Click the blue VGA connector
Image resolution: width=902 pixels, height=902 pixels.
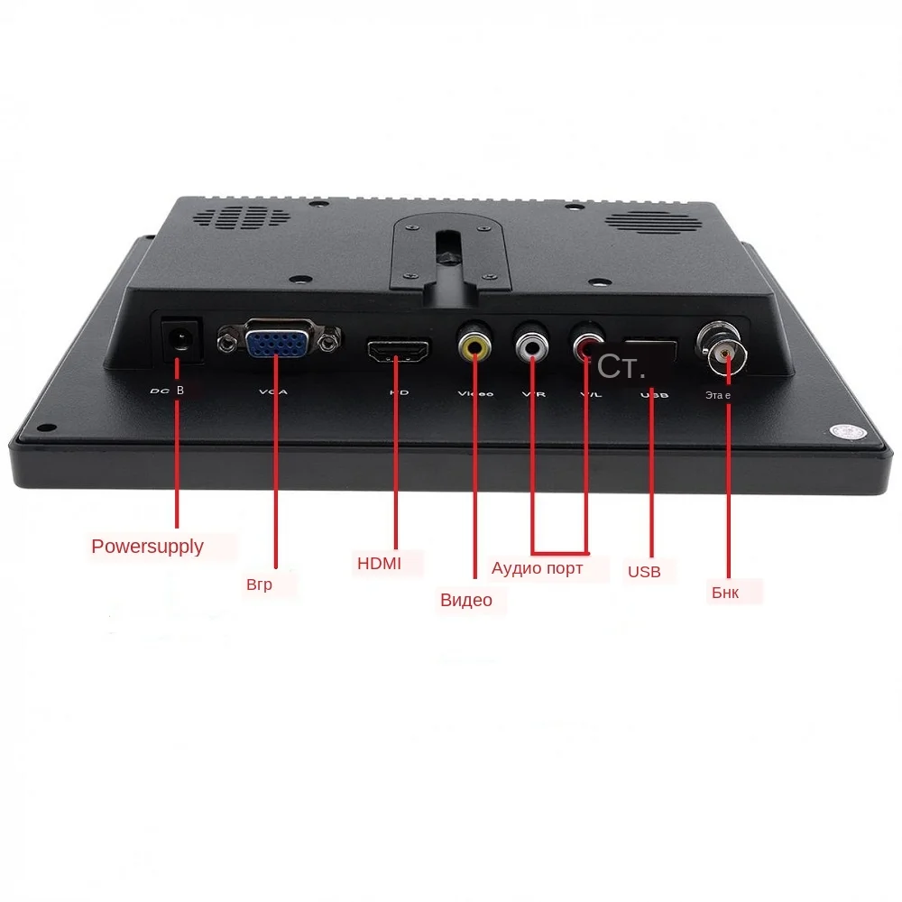[x=278, y=341]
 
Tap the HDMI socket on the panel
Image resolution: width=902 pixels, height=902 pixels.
[x=397, y=350]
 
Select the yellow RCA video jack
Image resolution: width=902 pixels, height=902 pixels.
[x=474, y=345]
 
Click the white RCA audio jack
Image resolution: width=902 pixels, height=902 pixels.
[x=532, y=344]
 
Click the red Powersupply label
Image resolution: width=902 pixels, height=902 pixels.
[x=147, y=547]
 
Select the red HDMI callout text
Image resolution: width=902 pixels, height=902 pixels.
[x=379, y=564]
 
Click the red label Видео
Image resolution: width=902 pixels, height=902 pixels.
[x=466, y=600]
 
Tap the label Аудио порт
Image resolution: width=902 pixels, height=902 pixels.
[x=537, y=568]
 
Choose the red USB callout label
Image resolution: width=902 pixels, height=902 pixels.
[x=644, y=572]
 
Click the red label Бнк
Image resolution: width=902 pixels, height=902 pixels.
[x=724, y=593]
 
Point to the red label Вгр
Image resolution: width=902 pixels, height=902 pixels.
[x=259, y=584]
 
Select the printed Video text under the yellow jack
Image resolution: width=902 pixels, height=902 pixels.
[x=475, y=393]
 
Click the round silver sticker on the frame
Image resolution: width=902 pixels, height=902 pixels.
[x=849, y=431]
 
